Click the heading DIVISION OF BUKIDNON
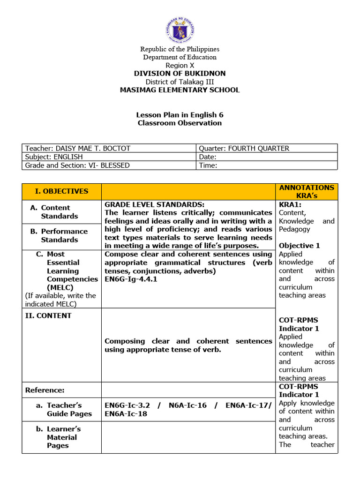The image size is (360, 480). (x=180, y=74)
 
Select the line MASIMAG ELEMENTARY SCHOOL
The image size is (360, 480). (x=180, y=90)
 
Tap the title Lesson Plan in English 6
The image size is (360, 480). (x=180, y=115)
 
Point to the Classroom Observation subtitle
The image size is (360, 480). (x=180, y=123)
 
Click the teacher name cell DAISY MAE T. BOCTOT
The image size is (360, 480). (x=78, y=149)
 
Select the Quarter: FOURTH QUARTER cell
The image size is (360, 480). (x=245, y=149)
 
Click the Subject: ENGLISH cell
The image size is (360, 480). (x=54, y=157)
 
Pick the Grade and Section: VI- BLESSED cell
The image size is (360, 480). (x=77, y=165)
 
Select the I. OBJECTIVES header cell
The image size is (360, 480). (x=61, y=191)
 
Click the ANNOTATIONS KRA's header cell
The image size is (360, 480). (x=307, y=191)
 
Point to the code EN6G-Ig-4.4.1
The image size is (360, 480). (x=131, y=279)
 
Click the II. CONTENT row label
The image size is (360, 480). (x=48, y=315)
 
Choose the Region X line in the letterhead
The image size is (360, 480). (x=180, y=66)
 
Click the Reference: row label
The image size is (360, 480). (x=45, y=390)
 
